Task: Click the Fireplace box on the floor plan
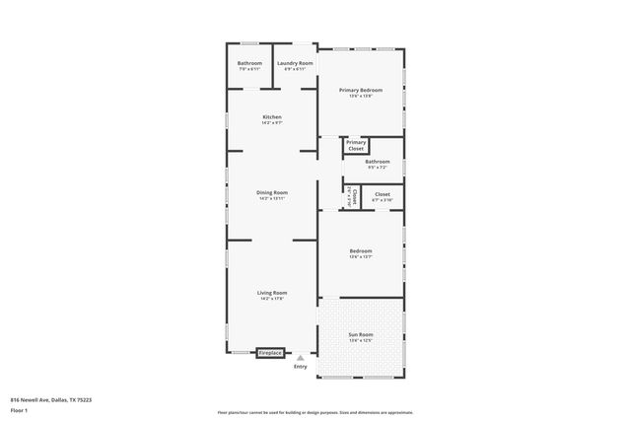pos(270,353)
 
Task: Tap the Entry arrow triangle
pos(301,359)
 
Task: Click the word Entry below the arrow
pos(301,367)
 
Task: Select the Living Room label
pos(272,293)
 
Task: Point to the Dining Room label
pos(272,192)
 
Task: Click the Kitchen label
pos(272,117)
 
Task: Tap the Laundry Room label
pos(295,63)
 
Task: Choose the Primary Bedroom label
pos(361,90)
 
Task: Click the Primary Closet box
pos(356,146)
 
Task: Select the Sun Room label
pos(361,334)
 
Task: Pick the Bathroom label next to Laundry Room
pos(249,63)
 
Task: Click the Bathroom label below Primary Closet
pos(378,162)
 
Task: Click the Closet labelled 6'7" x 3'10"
pos(382,195)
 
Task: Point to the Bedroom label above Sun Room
pos(361,251)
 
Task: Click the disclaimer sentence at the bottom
pos(315,412)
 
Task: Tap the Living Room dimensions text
pos(272,299)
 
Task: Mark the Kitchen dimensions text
pos(272,123)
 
